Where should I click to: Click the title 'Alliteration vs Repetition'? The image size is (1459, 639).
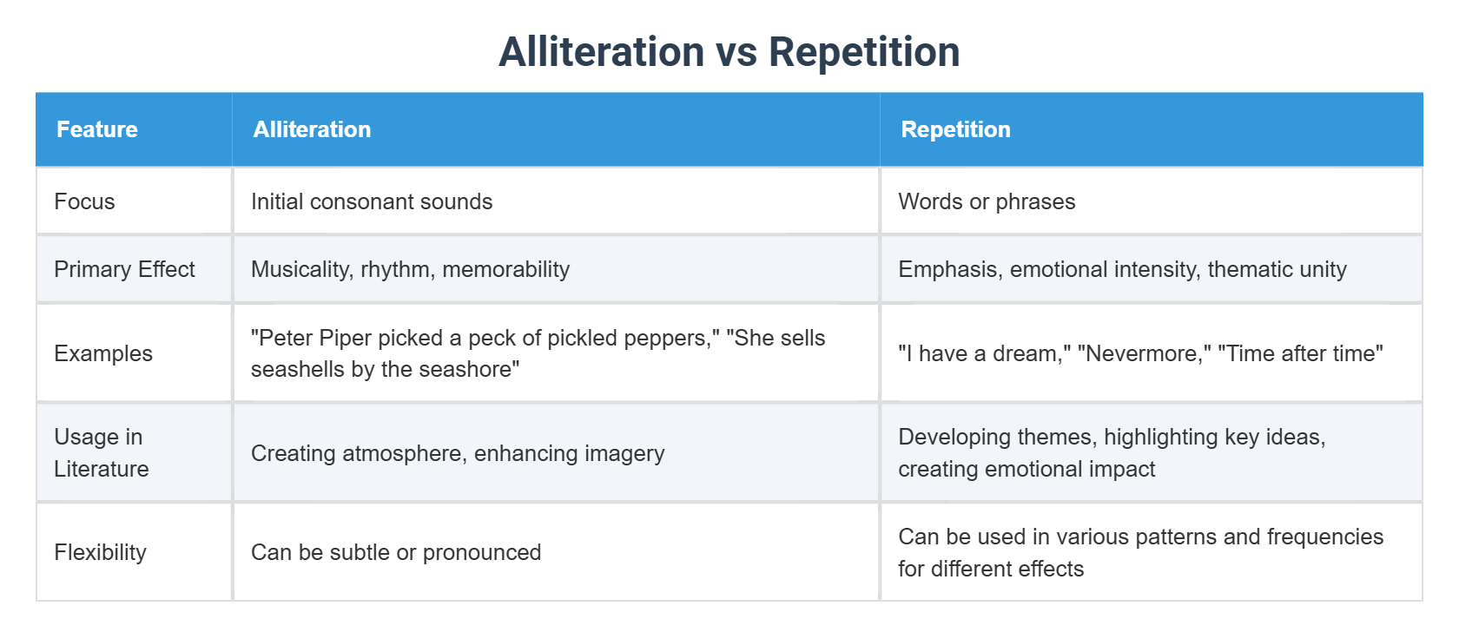point(729,52)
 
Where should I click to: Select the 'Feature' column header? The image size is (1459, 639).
point(97,129)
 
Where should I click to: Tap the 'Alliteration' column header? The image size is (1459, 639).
point(312,129)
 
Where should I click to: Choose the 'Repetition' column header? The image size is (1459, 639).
point(955,129)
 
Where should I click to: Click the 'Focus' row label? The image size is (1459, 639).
point(84,201)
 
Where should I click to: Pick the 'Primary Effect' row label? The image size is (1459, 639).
point(124,269)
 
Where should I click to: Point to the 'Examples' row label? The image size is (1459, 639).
point(103,353)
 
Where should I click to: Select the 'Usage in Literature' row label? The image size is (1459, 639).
point(101,452)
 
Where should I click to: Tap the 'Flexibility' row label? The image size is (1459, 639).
point(100,552)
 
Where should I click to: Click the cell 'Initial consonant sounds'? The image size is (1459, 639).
point(372,201)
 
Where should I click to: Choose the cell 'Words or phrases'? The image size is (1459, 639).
point(987,201)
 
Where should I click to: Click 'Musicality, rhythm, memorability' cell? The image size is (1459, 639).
point(410,269)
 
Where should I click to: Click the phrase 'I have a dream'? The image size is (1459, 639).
point(980,353)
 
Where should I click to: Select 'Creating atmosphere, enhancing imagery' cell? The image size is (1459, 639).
point(458,453)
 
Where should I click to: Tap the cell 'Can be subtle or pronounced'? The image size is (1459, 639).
point(396,552)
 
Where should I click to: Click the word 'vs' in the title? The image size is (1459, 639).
point(737,52)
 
